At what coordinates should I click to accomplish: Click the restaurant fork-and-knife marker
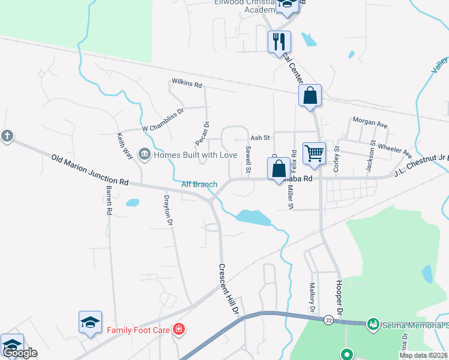tap(279, 41)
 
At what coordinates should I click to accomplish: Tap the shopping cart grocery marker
tap(314, 153)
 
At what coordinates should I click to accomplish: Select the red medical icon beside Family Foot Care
tap(178, 329)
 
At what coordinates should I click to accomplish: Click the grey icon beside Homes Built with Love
tap(144, 155)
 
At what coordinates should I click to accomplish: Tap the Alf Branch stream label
tap(199, 184)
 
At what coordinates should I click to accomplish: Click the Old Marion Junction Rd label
tap(90, 170)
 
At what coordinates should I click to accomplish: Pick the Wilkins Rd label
tap(187, 83)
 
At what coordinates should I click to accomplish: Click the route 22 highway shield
tap(330, 320)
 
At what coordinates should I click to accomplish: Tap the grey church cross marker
tap(7, 136)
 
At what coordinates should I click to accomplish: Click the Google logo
tap(19, 353)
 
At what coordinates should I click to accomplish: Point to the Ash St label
tap(261, 138)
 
